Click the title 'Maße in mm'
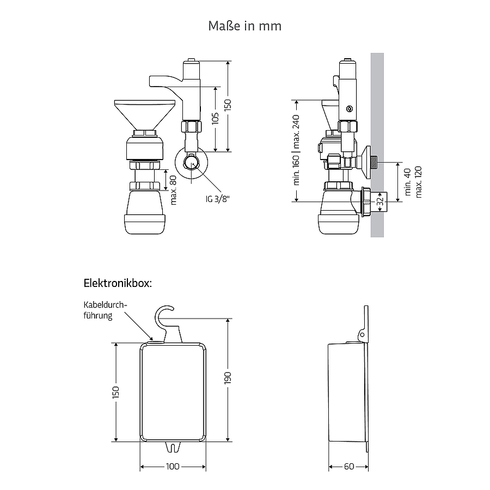[x=244, y=26]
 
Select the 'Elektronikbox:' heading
[x=118, y=284]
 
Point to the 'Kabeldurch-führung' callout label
[x=105, y=310]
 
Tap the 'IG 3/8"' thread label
[x=217, y=199]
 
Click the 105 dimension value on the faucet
[x=215, y=119]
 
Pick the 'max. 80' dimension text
[x=173, y=190]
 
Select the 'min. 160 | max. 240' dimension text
[x=296, y=150]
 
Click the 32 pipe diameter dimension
[x=380, y=201]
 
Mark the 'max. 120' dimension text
[x=419, y=182]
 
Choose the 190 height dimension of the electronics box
[x=228, y=378]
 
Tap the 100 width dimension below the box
[x=173, y=467]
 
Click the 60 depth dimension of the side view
[x=349, y=467]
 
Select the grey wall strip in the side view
[x=377, y=145]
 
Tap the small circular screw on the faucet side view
[x=350, y=109]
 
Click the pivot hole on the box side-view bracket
[x=362, y=335]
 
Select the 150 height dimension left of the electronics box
[x=115, y=392]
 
